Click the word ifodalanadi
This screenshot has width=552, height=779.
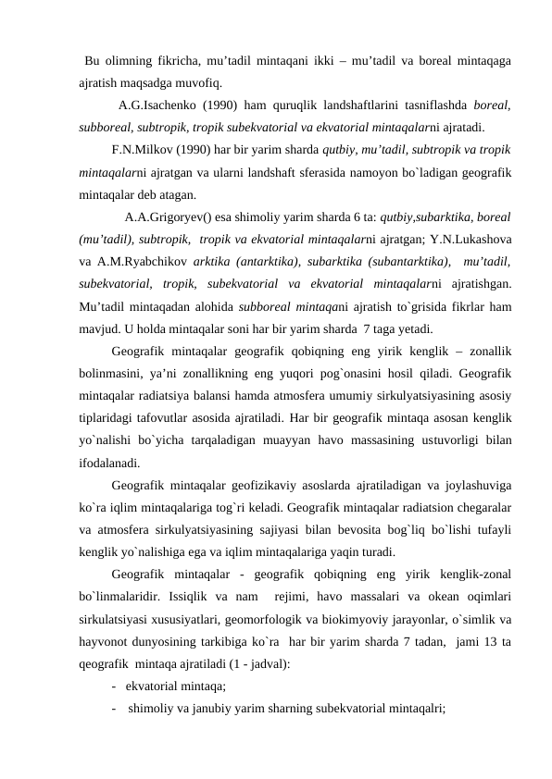[x=109, y=462]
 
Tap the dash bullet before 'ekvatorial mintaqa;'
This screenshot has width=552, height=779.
[x=113, y=686]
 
